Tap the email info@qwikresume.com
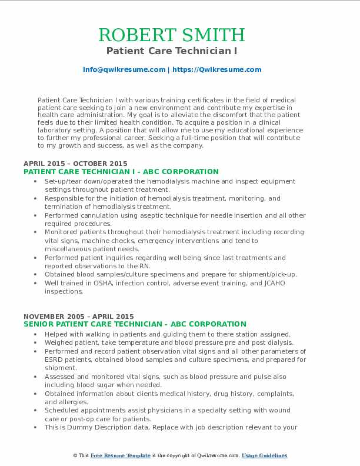(x=124, y=69)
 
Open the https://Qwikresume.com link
(x=216, y=69)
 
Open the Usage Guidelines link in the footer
(x=264, y=455)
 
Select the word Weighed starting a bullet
(x=59, y=342)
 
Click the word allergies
(x=60, y=402)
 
